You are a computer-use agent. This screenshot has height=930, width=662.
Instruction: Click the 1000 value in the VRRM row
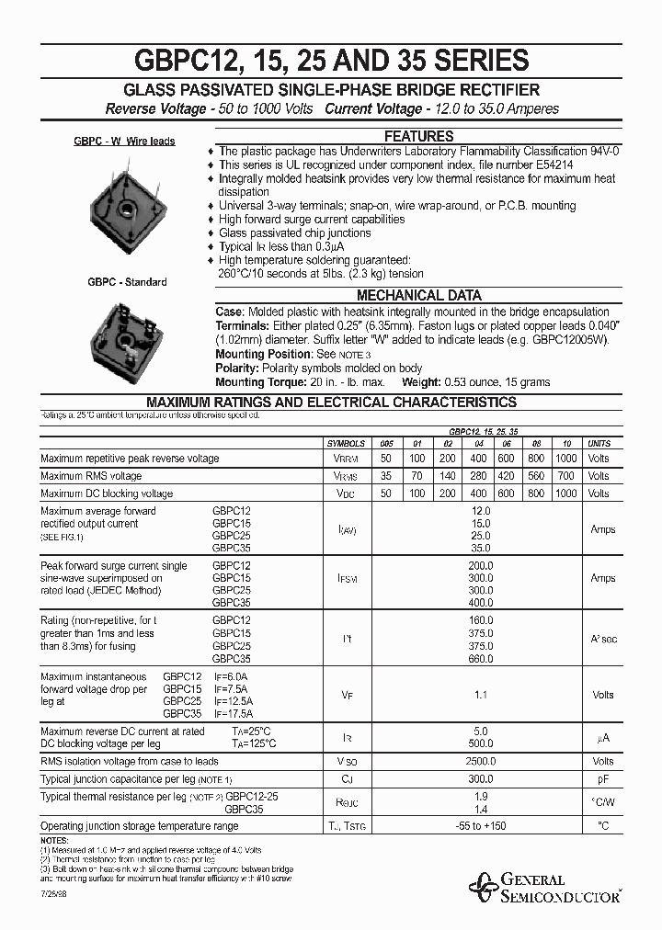pos(567,459)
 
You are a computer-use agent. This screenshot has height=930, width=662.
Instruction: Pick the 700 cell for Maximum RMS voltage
pos(567,476)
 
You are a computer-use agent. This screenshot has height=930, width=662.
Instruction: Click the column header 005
pos(387,443)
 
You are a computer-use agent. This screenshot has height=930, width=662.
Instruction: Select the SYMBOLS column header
pos(347,443)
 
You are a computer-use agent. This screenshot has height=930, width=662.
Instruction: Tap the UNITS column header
pos(599,443)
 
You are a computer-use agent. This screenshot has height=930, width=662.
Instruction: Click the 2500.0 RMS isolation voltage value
pos(480,761)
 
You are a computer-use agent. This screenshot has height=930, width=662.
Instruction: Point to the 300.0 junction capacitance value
pos(480,778)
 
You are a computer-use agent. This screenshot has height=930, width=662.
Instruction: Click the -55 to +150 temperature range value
pos(480,826)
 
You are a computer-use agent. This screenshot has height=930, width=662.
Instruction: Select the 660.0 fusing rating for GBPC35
pos(481,659)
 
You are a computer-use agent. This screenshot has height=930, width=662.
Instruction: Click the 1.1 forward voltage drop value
pos(480,695)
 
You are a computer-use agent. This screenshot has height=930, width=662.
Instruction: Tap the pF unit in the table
pos(602,778)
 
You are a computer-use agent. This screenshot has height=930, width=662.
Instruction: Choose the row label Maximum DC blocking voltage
pos(107,493)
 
